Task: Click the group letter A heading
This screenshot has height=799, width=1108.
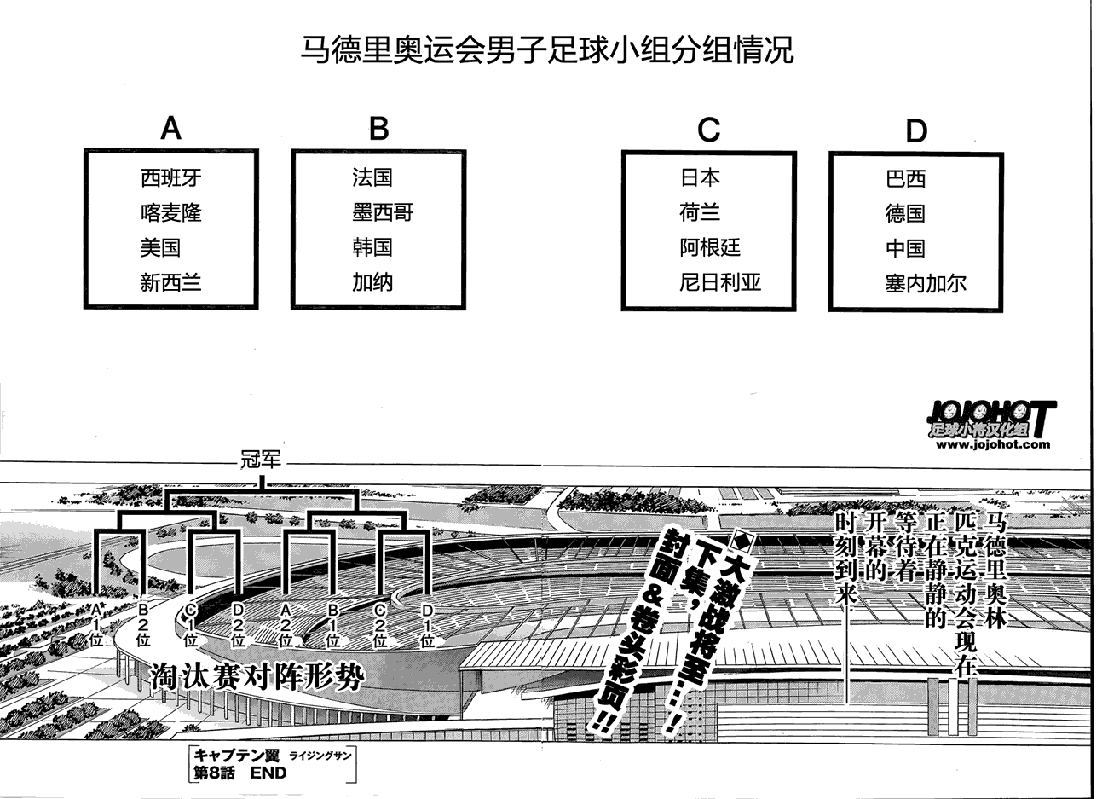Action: (171, 129)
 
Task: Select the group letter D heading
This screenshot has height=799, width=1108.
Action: (915, 131)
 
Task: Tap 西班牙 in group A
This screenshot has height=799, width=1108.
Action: (171, 177)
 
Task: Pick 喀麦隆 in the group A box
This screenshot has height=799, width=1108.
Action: (171, 212)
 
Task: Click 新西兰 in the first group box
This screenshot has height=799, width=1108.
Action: (171, 282)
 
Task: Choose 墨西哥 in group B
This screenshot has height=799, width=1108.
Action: (383, 212)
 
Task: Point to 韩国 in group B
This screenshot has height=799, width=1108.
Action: (372, 247)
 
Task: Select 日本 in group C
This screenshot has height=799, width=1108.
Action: (700, 177)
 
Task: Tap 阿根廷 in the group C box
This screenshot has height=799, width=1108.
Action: (710, 247)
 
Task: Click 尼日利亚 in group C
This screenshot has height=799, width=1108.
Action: (720, 282)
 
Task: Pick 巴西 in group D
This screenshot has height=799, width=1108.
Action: (905, 179)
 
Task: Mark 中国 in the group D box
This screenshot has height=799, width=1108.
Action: (905, 249)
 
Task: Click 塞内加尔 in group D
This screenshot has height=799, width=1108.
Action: (926, 284)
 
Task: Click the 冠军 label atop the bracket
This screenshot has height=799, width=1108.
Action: (261, 460)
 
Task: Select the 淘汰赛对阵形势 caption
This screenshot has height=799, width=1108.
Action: (257, 678)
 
